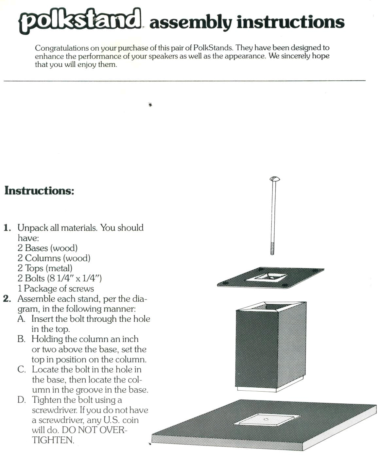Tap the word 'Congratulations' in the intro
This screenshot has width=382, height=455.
[62, 48]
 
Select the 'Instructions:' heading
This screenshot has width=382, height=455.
[39, 191]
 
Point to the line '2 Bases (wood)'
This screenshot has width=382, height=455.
[47, 248]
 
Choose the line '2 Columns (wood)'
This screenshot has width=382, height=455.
[54, 258]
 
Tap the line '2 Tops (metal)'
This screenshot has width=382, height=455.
[45, 268]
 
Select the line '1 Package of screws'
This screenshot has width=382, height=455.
[56, 289]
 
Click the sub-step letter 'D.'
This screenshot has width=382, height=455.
[22, 400]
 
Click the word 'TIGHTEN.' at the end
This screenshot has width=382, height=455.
[53, 440]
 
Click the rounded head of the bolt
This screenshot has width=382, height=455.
[275, 179]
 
